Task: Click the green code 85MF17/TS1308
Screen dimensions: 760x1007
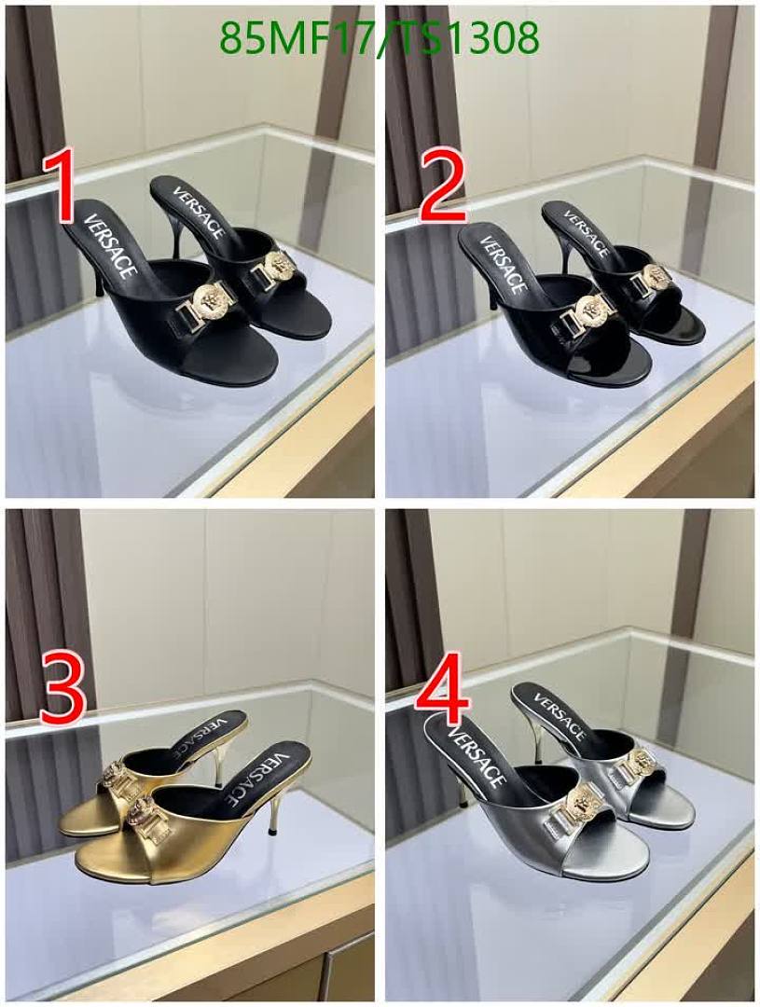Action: (379, 36)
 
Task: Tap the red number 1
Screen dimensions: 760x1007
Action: (60, 186)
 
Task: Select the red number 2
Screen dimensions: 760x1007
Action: (443, 187)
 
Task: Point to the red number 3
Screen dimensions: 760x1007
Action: (62, 686)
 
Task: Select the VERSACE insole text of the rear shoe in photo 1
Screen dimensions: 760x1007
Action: (199, 212)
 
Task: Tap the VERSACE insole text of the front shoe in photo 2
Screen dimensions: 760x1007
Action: (502, 263)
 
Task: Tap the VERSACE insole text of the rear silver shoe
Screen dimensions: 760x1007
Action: (560, 716)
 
